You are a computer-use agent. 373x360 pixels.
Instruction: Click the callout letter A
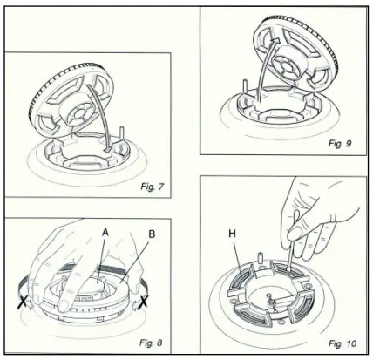105,233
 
